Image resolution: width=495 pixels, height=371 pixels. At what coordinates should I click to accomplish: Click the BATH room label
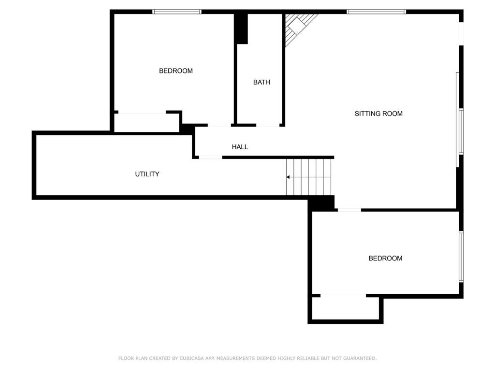coord(262,82)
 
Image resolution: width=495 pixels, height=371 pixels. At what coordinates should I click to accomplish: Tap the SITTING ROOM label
coord(379,114)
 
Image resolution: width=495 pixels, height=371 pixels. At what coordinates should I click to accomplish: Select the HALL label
coord(240,147)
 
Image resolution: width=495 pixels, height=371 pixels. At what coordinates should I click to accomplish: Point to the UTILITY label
coord(147,174)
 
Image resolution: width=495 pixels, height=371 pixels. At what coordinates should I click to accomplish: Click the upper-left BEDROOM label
coord(175,71)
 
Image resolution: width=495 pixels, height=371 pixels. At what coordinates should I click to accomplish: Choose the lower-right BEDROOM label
coord(385,258)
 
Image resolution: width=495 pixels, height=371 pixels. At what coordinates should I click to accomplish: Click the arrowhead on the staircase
coord(288,177)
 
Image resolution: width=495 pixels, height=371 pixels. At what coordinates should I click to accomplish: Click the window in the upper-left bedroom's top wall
coord(176,12)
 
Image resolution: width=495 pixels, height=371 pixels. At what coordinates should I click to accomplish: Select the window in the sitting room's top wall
coord(376,12)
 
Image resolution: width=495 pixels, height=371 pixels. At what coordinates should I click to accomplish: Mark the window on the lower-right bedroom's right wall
coord(461,256)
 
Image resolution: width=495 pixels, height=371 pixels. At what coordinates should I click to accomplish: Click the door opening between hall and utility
coord(211,157)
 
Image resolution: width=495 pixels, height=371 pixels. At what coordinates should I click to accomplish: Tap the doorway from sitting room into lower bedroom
coord(349,210)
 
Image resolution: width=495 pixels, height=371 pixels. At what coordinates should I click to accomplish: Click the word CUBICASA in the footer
coord(189,358)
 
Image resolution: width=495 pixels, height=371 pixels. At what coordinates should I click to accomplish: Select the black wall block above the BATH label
coord(241,28)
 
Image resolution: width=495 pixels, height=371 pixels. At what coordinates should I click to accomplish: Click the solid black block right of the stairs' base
coord(321,203)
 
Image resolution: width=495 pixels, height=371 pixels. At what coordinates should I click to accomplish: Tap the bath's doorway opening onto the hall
coord(267,126)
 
